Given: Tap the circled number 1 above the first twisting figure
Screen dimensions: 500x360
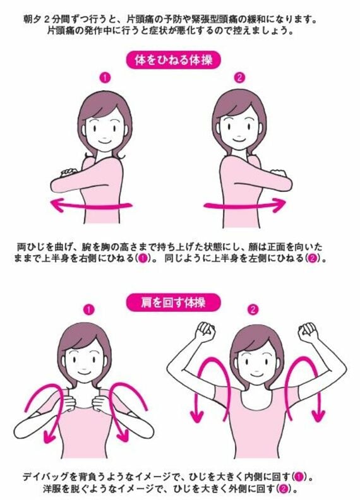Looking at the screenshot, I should click(x=105, y=78).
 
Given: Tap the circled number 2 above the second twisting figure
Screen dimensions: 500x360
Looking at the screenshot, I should click(x=239, y=78).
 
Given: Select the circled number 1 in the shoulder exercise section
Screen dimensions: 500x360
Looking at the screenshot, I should click(x=88, y=310).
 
